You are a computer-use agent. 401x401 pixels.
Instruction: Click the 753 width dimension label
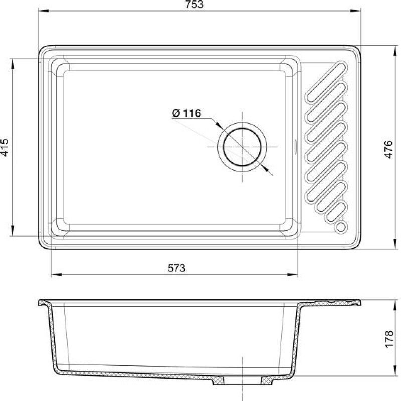194,5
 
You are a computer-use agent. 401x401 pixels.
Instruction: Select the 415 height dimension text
5,147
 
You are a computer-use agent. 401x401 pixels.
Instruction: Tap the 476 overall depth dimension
388,149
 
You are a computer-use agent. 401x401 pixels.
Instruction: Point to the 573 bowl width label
176,268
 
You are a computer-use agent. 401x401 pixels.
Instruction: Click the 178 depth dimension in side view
389,339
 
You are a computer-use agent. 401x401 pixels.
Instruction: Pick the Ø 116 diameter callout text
186,113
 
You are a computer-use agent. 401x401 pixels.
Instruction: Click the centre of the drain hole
242,147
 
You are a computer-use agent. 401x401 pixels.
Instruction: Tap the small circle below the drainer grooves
341,227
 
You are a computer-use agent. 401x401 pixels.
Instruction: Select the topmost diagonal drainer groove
326,82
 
